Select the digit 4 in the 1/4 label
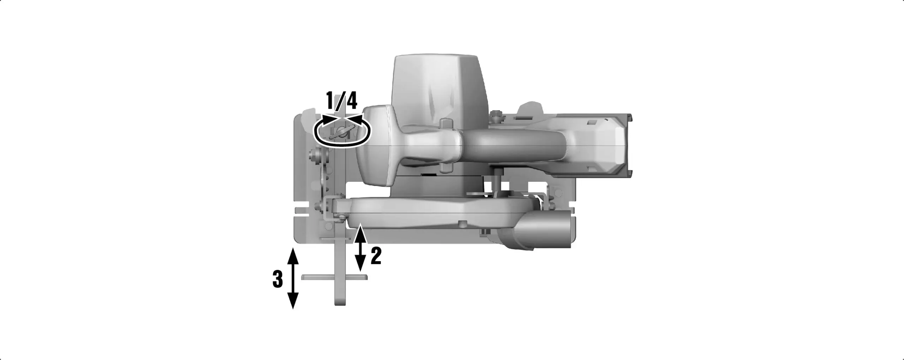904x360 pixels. coord(351,101)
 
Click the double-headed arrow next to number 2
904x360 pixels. coord(360,249)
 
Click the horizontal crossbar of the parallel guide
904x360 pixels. coord(334,277)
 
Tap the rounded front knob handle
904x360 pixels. coord(374,148)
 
